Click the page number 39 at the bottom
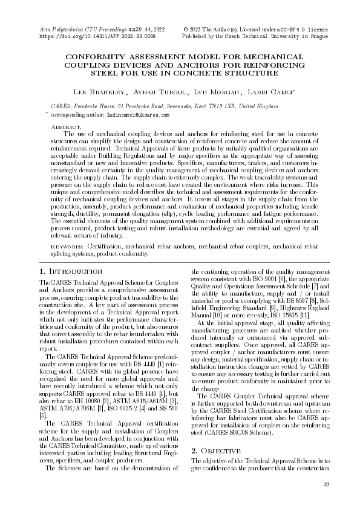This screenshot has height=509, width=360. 326,484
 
